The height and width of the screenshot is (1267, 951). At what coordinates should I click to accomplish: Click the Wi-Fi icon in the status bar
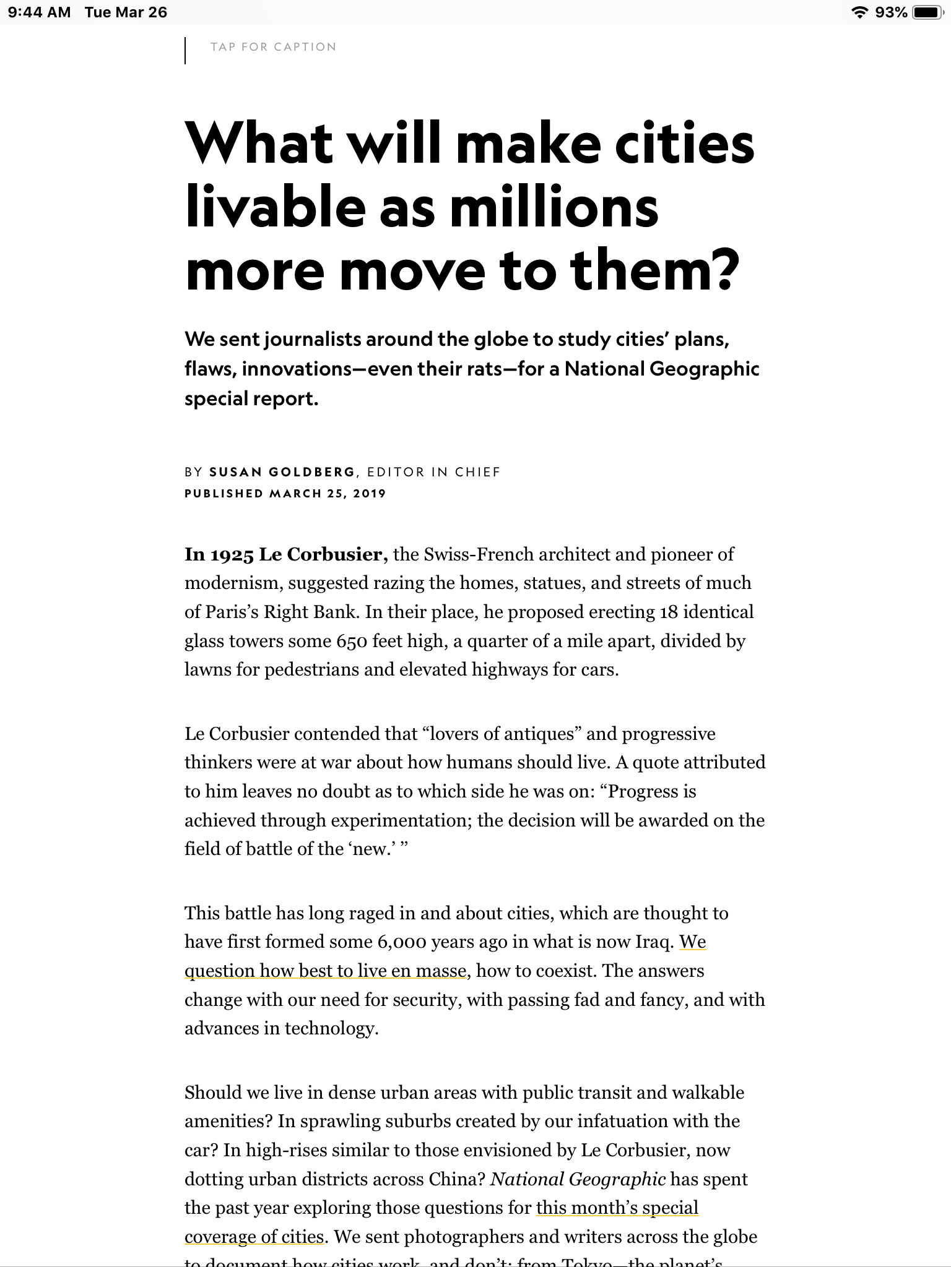859,12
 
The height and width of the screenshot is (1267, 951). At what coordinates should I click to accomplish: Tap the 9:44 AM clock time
40,12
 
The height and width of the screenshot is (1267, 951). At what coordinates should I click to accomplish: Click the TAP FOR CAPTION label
273,47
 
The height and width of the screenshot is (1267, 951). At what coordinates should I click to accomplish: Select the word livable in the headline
275,208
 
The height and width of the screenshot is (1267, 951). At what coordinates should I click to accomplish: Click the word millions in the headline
554,208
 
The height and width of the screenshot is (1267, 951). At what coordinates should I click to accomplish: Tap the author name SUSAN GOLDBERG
282,472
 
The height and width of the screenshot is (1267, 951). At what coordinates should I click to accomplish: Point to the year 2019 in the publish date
370,494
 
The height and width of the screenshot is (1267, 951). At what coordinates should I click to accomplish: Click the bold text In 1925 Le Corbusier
286,554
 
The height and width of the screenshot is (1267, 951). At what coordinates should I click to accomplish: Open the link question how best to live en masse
326,971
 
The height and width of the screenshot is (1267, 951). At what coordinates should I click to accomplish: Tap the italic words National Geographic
578,1179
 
